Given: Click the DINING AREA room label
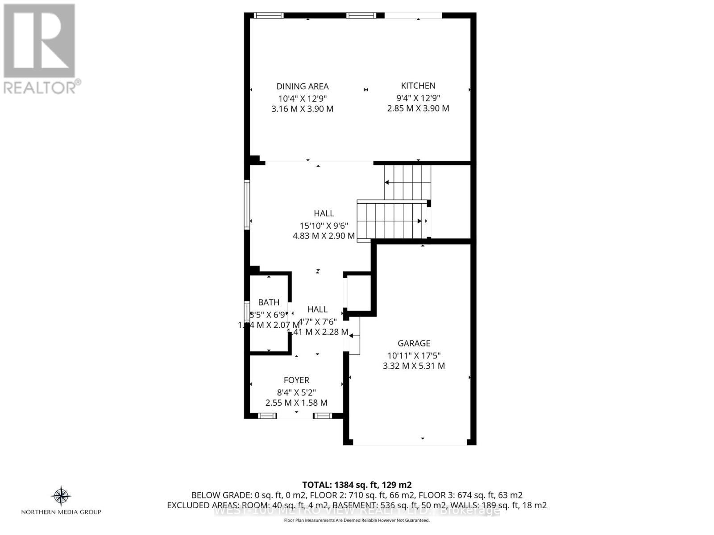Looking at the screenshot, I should click(x=303, y=86).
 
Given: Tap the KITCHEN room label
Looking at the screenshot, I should click(x=418, y=86).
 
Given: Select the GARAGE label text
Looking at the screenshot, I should click(x=414, y=343).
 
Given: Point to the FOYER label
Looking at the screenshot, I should click(x=296, y=380).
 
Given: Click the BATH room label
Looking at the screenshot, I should click(x=269, y=303).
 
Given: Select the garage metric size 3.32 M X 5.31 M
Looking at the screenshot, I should click(x=414, y=366).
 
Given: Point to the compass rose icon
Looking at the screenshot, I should click(x=61, y=496).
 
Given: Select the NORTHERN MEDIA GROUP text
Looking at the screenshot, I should click(x=61, y=512).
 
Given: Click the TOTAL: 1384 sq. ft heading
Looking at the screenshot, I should click(x=357, y=485).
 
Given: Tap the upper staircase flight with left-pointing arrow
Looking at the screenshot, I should click(x=407, y=182).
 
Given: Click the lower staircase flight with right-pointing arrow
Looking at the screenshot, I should click(x=390, y=221).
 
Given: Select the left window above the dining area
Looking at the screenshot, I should click(x=269, y=15).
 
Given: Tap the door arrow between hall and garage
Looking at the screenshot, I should click(x=354, y=336).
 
